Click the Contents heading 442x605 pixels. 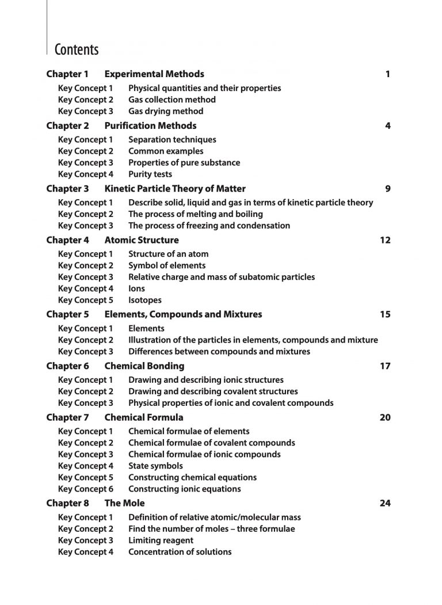coord(77,50)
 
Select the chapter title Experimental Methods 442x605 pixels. coord(154,74)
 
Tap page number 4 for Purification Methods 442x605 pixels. coord(387,125)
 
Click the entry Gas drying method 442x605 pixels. coord(165,111)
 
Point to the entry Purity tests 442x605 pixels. coord(150,174)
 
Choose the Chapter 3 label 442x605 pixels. coord(67,188)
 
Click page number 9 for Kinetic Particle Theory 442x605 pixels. coord(387,188)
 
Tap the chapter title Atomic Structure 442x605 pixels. coord(142,240)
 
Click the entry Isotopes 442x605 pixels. coord(144,300)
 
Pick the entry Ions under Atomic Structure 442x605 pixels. coord(136,288)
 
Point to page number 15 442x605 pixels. coord(385,314)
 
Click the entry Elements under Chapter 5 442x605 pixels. coord(146,328)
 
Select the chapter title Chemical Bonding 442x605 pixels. coord(144,366)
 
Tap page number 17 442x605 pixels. coord(385,366)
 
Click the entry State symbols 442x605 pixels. coord(155,466)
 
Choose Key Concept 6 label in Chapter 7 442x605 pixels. coord(86,489)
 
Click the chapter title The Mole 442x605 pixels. coord(124,503)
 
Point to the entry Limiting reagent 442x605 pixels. coord(161,540)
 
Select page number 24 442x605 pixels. coord(385,503)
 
